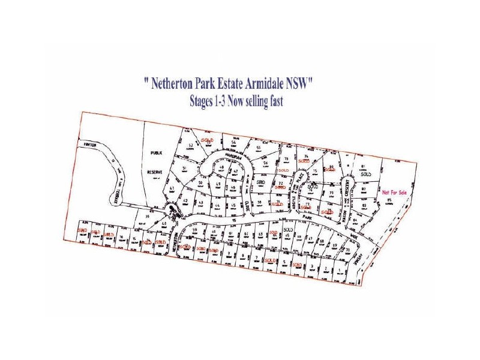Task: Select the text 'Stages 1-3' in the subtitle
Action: [x=209, y=102]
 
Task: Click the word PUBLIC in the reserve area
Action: [x=157, y=154]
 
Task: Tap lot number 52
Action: [x=190, y=146]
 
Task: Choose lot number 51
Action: [x=185, y=169]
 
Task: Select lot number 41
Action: [x=172, y=189]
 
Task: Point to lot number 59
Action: [x=196, y=230]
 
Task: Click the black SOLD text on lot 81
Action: [x=362, y=173]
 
